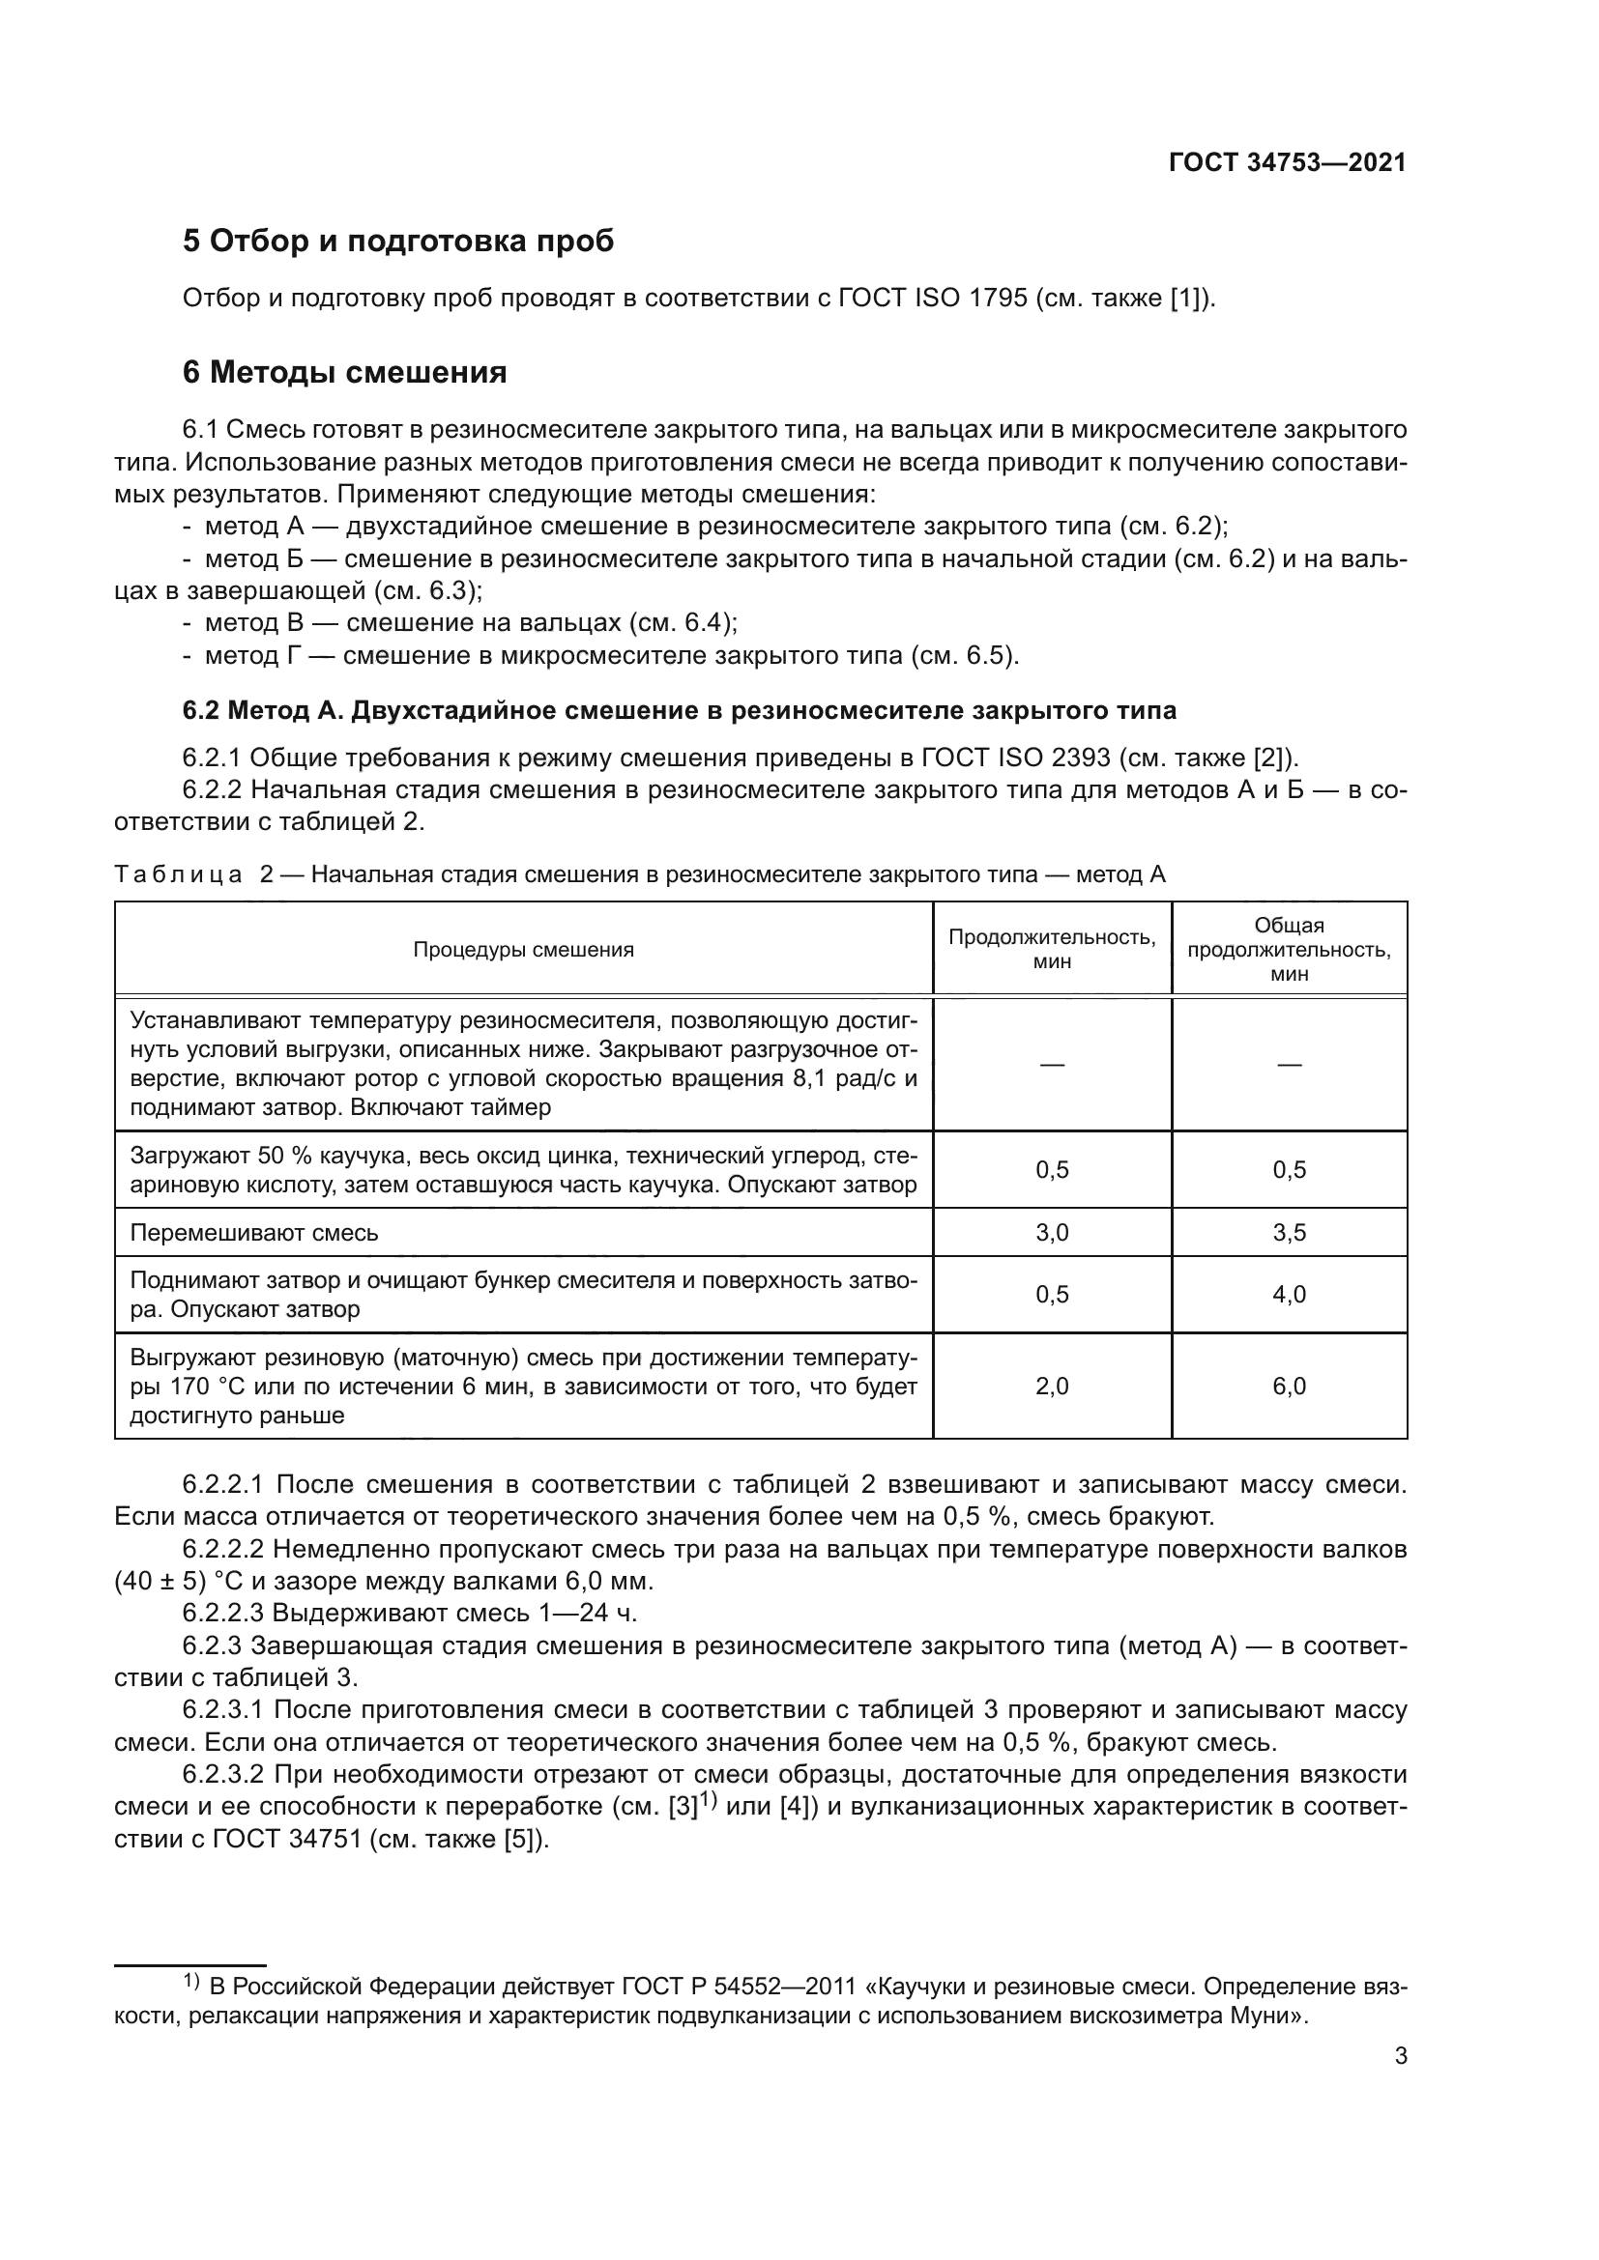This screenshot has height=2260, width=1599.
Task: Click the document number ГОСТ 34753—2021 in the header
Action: tap(1287, 163)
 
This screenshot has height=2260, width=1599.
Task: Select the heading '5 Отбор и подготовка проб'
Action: tap(397, 241)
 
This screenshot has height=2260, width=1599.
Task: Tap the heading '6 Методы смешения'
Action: tap(344, 373)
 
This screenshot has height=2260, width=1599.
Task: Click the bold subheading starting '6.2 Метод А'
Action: tap(680, 710)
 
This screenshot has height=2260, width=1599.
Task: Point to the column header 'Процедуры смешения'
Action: tap(523, 950)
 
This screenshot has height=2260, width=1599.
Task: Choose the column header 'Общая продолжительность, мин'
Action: tap(1289, 950)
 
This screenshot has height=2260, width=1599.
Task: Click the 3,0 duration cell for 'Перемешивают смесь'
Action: tap(1052, 1232)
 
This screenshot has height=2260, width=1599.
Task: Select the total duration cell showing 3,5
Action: tap(1289, 1232)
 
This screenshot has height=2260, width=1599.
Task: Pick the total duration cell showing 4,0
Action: tap(1289, 1295)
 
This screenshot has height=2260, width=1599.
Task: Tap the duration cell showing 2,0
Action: tap(1052, 1387)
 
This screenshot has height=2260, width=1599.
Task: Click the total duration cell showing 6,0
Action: tap(1289, 1387)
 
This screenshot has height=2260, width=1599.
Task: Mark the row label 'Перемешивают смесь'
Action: tap(254, 1233)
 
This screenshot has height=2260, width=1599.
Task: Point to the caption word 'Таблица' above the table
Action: tap(178, 874)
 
